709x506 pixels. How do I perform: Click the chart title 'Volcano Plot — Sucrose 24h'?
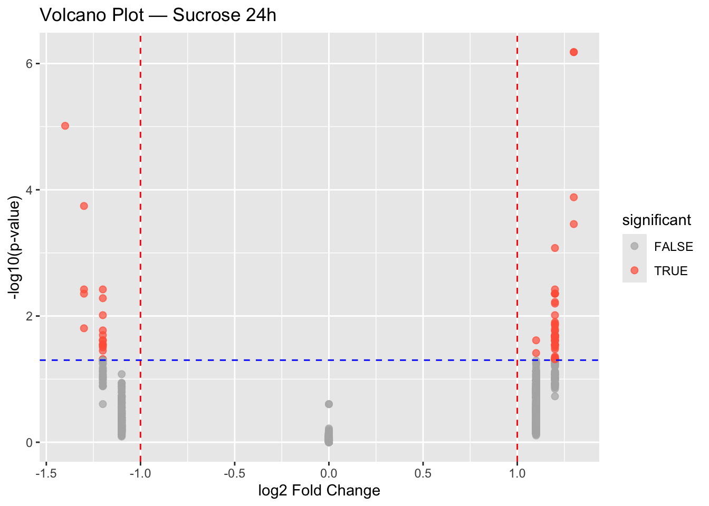coord(158,15)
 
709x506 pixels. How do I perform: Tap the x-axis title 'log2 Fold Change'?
coord(319,491)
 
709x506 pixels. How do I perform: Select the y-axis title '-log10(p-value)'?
coord(16,248)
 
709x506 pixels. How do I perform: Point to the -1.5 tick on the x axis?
coord(46,473)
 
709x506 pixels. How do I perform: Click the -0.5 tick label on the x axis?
coord(234,473)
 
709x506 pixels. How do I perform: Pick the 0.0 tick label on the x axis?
coord(329,473)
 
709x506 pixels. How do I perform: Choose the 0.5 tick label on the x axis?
coord(423,473)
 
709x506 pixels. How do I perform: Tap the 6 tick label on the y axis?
coord(30,63)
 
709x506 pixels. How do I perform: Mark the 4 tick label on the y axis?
coord(30,190)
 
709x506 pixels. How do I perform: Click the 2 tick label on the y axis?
coord(30,316)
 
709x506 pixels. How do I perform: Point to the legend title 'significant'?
coord(656,220)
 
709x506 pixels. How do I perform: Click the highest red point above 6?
coord(573,52)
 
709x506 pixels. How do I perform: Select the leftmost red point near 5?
coord(65,125)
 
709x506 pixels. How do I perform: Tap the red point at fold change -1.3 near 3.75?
coord(84,206)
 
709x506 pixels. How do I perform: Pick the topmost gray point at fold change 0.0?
coord(329,404)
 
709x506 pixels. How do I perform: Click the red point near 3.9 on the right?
coord(573,197)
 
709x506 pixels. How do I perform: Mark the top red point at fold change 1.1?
coord(536,340)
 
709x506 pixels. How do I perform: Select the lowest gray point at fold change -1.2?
coord(103,404)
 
